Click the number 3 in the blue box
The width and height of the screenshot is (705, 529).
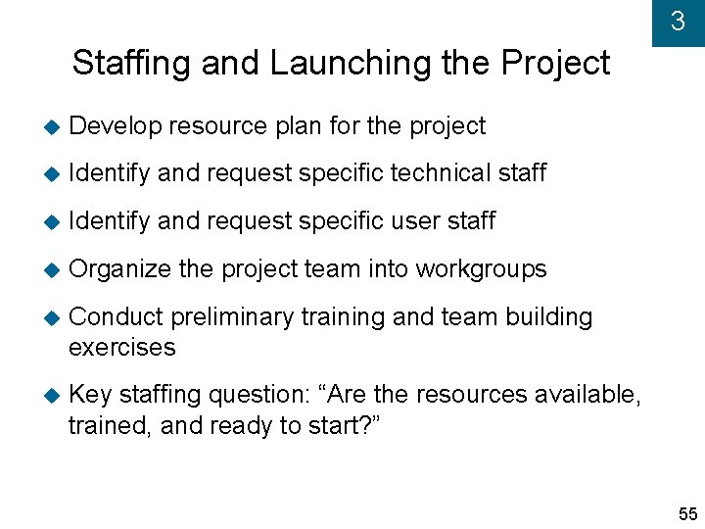coord(678,22)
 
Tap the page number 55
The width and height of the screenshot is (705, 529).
coord(687,514)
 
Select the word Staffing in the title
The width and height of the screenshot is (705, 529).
coord(130,64)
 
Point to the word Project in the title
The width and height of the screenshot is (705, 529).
coord(554,64)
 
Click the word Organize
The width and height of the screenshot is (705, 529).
coord(119,268)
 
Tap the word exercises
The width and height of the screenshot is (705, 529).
coord(122,347)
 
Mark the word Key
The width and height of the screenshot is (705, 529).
coord(91,395)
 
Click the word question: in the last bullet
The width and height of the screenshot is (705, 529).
coord(256,395)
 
